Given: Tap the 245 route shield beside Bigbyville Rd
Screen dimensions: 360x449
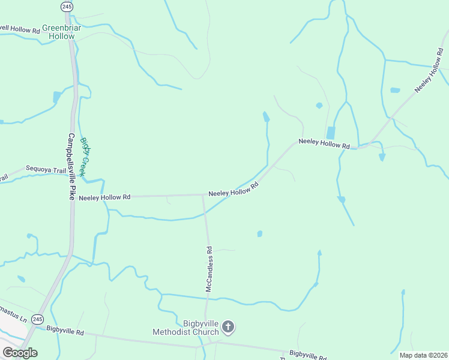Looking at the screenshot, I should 37,318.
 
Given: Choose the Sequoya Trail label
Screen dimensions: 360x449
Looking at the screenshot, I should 46,170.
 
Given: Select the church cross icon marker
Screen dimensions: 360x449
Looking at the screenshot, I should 228,327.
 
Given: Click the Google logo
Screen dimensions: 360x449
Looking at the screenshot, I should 20,353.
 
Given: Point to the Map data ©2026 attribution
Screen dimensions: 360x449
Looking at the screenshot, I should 424,355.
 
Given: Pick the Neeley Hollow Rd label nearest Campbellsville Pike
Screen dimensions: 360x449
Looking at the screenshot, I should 104,197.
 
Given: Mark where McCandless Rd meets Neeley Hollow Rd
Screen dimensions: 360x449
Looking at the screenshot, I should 203,195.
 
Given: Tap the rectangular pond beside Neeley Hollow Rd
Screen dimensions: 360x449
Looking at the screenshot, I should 330,133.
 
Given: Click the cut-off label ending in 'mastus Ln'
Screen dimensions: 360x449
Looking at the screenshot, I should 12,313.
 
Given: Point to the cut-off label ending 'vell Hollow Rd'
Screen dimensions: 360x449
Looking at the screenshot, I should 19,28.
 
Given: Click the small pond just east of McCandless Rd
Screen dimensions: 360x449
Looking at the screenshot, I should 259,233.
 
